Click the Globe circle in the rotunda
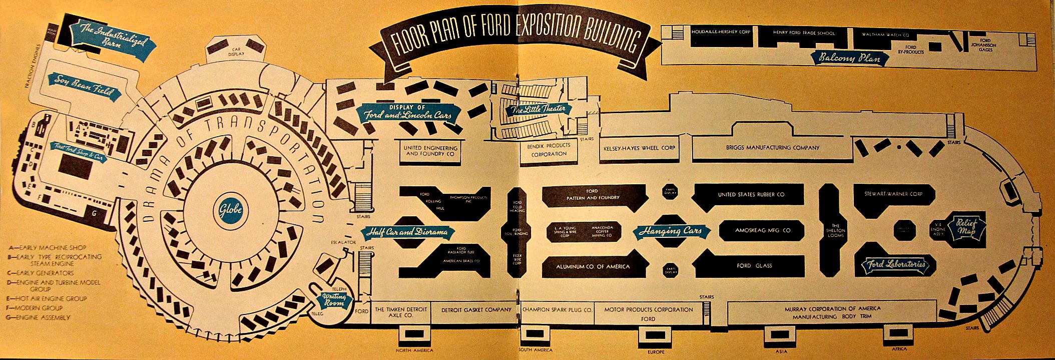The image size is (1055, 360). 230,209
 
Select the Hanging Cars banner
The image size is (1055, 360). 674,231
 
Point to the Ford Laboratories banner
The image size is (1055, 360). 895,265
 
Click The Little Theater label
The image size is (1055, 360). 538,109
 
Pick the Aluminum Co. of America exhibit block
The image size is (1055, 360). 593,266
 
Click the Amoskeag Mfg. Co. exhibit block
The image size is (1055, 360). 763,230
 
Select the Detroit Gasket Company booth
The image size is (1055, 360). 476,310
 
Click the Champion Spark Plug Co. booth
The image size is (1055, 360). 557,310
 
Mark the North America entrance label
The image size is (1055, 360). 414,350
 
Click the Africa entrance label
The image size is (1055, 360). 899,349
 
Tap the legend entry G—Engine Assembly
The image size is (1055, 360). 40,317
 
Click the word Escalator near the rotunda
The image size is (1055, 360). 343,242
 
